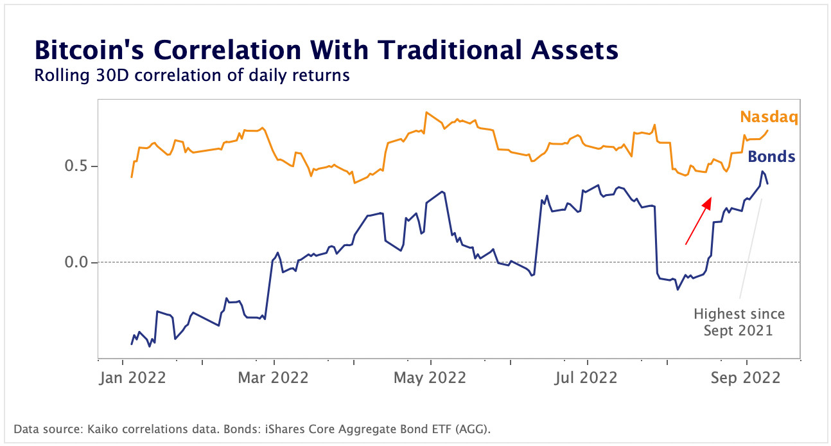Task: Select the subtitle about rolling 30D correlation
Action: [x=191, y=76]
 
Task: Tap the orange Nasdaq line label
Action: [x=767, y=116]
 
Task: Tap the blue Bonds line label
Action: [x=771, y=156]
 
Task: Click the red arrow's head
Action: [x=708, y=202]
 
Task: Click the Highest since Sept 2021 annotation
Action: [x=739, y=322]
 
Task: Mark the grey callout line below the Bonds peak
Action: [x=750, y=251]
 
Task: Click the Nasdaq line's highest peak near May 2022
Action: [x=426, y=112]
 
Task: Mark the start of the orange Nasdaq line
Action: [x=132, y=177]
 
